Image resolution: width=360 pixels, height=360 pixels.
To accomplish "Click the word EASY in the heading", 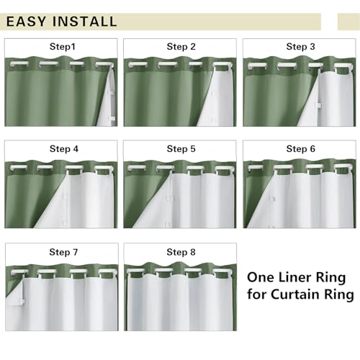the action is pos(26,22).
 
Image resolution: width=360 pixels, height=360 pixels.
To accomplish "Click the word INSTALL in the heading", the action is pos(85,22).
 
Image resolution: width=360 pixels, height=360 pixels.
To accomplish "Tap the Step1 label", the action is pos(63,47).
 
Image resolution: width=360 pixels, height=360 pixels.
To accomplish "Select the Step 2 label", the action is pos(181,47).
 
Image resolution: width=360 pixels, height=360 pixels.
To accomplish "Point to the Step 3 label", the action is pos(300,47).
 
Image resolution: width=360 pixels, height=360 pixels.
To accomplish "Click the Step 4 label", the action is pos(64,149).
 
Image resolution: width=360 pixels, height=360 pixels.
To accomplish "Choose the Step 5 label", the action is pos(181,149).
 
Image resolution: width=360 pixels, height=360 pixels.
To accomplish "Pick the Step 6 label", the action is pos(300,149).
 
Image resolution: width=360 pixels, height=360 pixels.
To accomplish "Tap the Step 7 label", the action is pos(63,252).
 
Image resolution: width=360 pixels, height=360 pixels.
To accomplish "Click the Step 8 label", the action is pos(181,252).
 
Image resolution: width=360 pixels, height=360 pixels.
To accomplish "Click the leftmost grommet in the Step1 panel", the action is pos(19,64).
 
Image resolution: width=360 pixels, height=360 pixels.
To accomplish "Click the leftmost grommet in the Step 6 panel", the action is pos(255,167).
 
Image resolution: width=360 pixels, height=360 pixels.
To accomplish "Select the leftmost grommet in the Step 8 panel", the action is pos(135,271).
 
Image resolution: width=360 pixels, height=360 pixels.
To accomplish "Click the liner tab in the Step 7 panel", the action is pos(21,302).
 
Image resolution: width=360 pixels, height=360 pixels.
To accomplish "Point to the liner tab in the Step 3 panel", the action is pos(319,105).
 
